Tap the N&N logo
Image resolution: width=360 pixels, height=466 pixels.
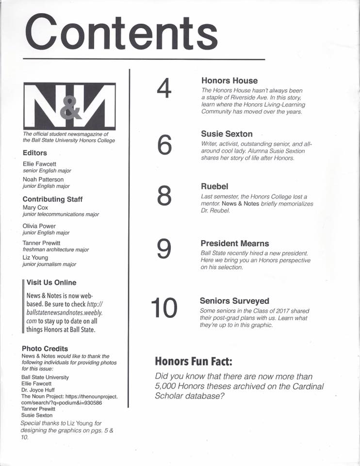pyautogui.click(x=69, y=106)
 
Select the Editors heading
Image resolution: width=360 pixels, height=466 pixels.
pyautogui.click(x=35, y=153)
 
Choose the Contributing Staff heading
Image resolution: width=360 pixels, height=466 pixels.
pyautogui.click(x=52, y=199)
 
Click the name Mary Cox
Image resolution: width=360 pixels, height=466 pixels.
pyautogui.click(x=35, y=208)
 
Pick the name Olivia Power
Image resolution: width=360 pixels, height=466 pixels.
pyautogui.click(x=39, y=226)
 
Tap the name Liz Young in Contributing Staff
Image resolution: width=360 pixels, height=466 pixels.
pyautogui.click(x=36, y=257)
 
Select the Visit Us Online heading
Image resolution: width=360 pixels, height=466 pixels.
pyautogui.click(x=51, y=283)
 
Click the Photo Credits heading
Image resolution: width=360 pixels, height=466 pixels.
pyautogui.click(x=45, y=349)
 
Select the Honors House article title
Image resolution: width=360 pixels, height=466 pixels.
pyautogui.click(x=229, y=81)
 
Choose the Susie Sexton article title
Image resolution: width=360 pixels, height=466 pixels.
pyautogui.click(x=227, y=134)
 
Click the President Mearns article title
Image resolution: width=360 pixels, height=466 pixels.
pyautogui.click(x=235, y=244)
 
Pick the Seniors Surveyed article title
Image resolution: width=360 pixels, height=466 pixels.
pyautogui.click(x=234, y=301)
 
